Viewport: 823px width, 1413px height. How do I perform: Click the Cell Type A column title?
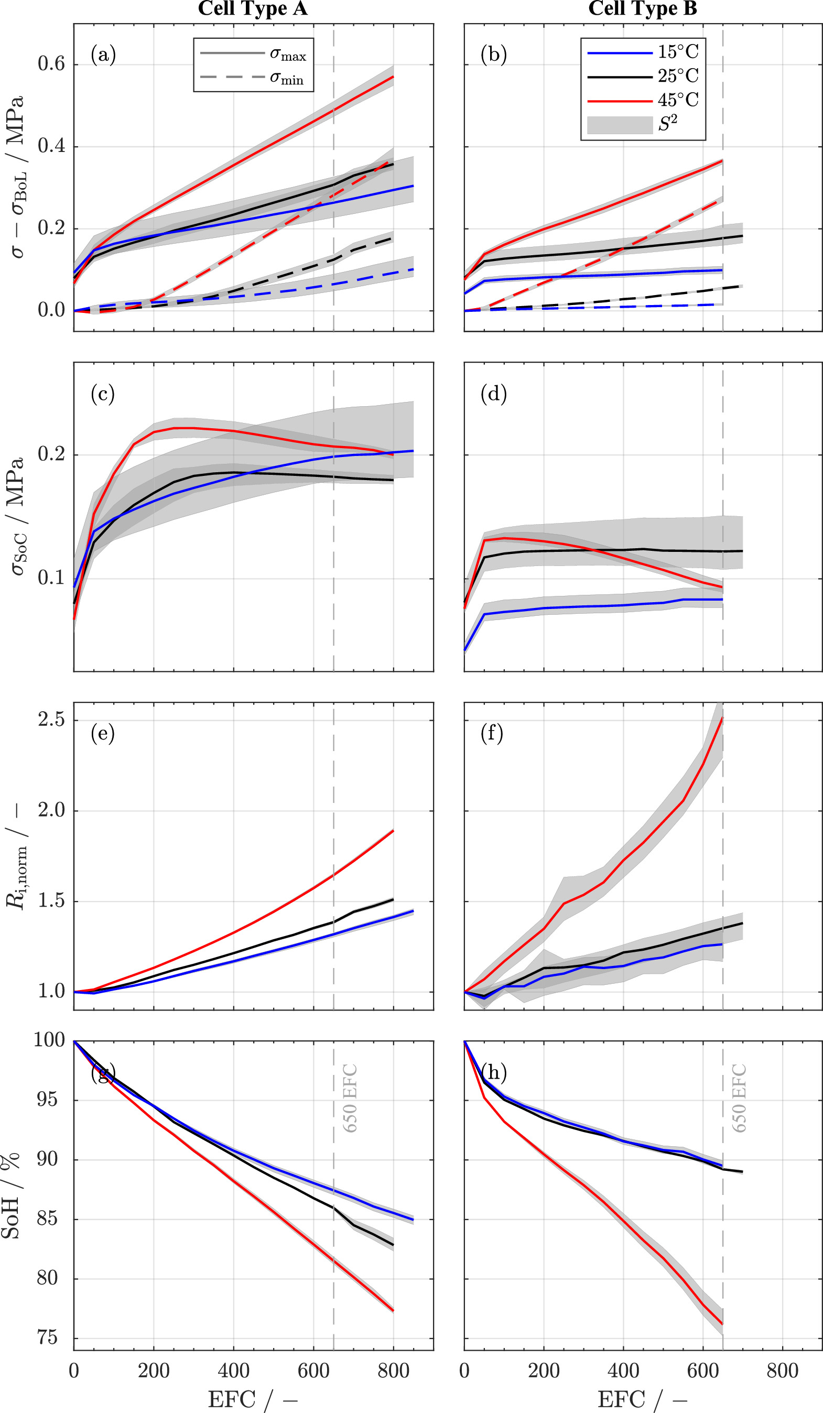252,9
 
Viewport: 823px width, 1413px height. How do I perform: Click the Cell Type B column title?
643,9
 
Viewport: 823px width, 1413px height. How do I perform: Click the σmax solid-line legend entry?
253,54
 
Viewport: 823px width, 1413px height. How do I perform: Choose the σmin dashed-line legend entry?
253,78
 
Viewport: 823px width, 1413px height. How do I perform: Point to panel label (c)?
103,394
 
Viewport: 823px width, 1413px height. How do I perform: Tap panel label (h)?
493,1072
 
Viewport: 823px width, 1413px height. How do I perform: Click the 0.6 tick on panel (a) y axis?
51,64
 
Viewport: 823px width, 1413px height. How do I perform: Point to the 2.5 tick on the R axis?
51,720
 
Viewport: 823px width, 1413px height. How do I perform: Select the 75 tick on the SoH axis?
47,1339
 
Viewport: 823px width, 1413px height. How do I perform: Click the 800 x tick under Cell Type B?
782,1371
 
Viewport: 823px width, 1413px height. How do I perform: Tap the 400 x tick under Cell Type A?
233,1371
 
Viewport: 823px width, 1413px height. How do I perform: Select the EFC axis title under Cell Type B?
643,1399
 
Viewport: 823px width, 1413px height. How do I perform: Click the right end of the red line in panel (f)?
722,718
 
